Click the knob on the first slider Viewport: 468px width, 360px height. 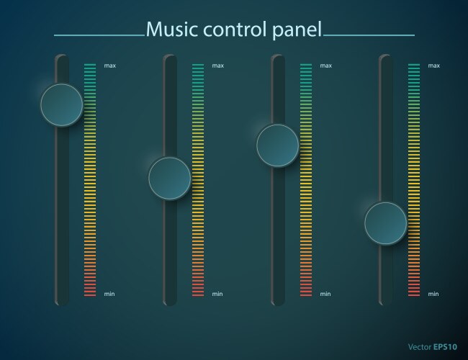[61, 105]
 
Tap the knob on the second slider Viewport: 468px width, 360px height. [169, 178]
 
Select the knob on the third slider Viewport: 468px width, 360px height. [277, 145]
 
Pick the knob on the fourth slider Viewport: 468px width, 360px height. [385, 223]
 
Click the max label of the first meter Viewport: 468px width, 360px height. [109, 66]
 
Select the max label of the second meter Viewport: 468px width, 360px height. [217, 66]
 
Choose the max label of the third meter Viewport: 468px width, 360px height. [325, 66]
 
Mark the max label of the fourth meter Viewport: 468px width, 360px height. [433, 66]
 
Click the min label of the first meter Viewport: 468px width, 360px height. [109, 294]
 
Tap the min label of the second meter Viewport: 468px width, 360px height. [217, 294]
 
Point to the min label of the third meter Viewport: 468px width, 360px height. [325, 294]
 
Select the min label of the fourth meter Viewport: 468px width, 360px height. [433, 294]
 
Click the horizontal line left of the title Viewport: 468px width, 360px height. [99, 35]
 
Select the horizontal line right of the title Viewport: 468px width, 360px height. [369, 35]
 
